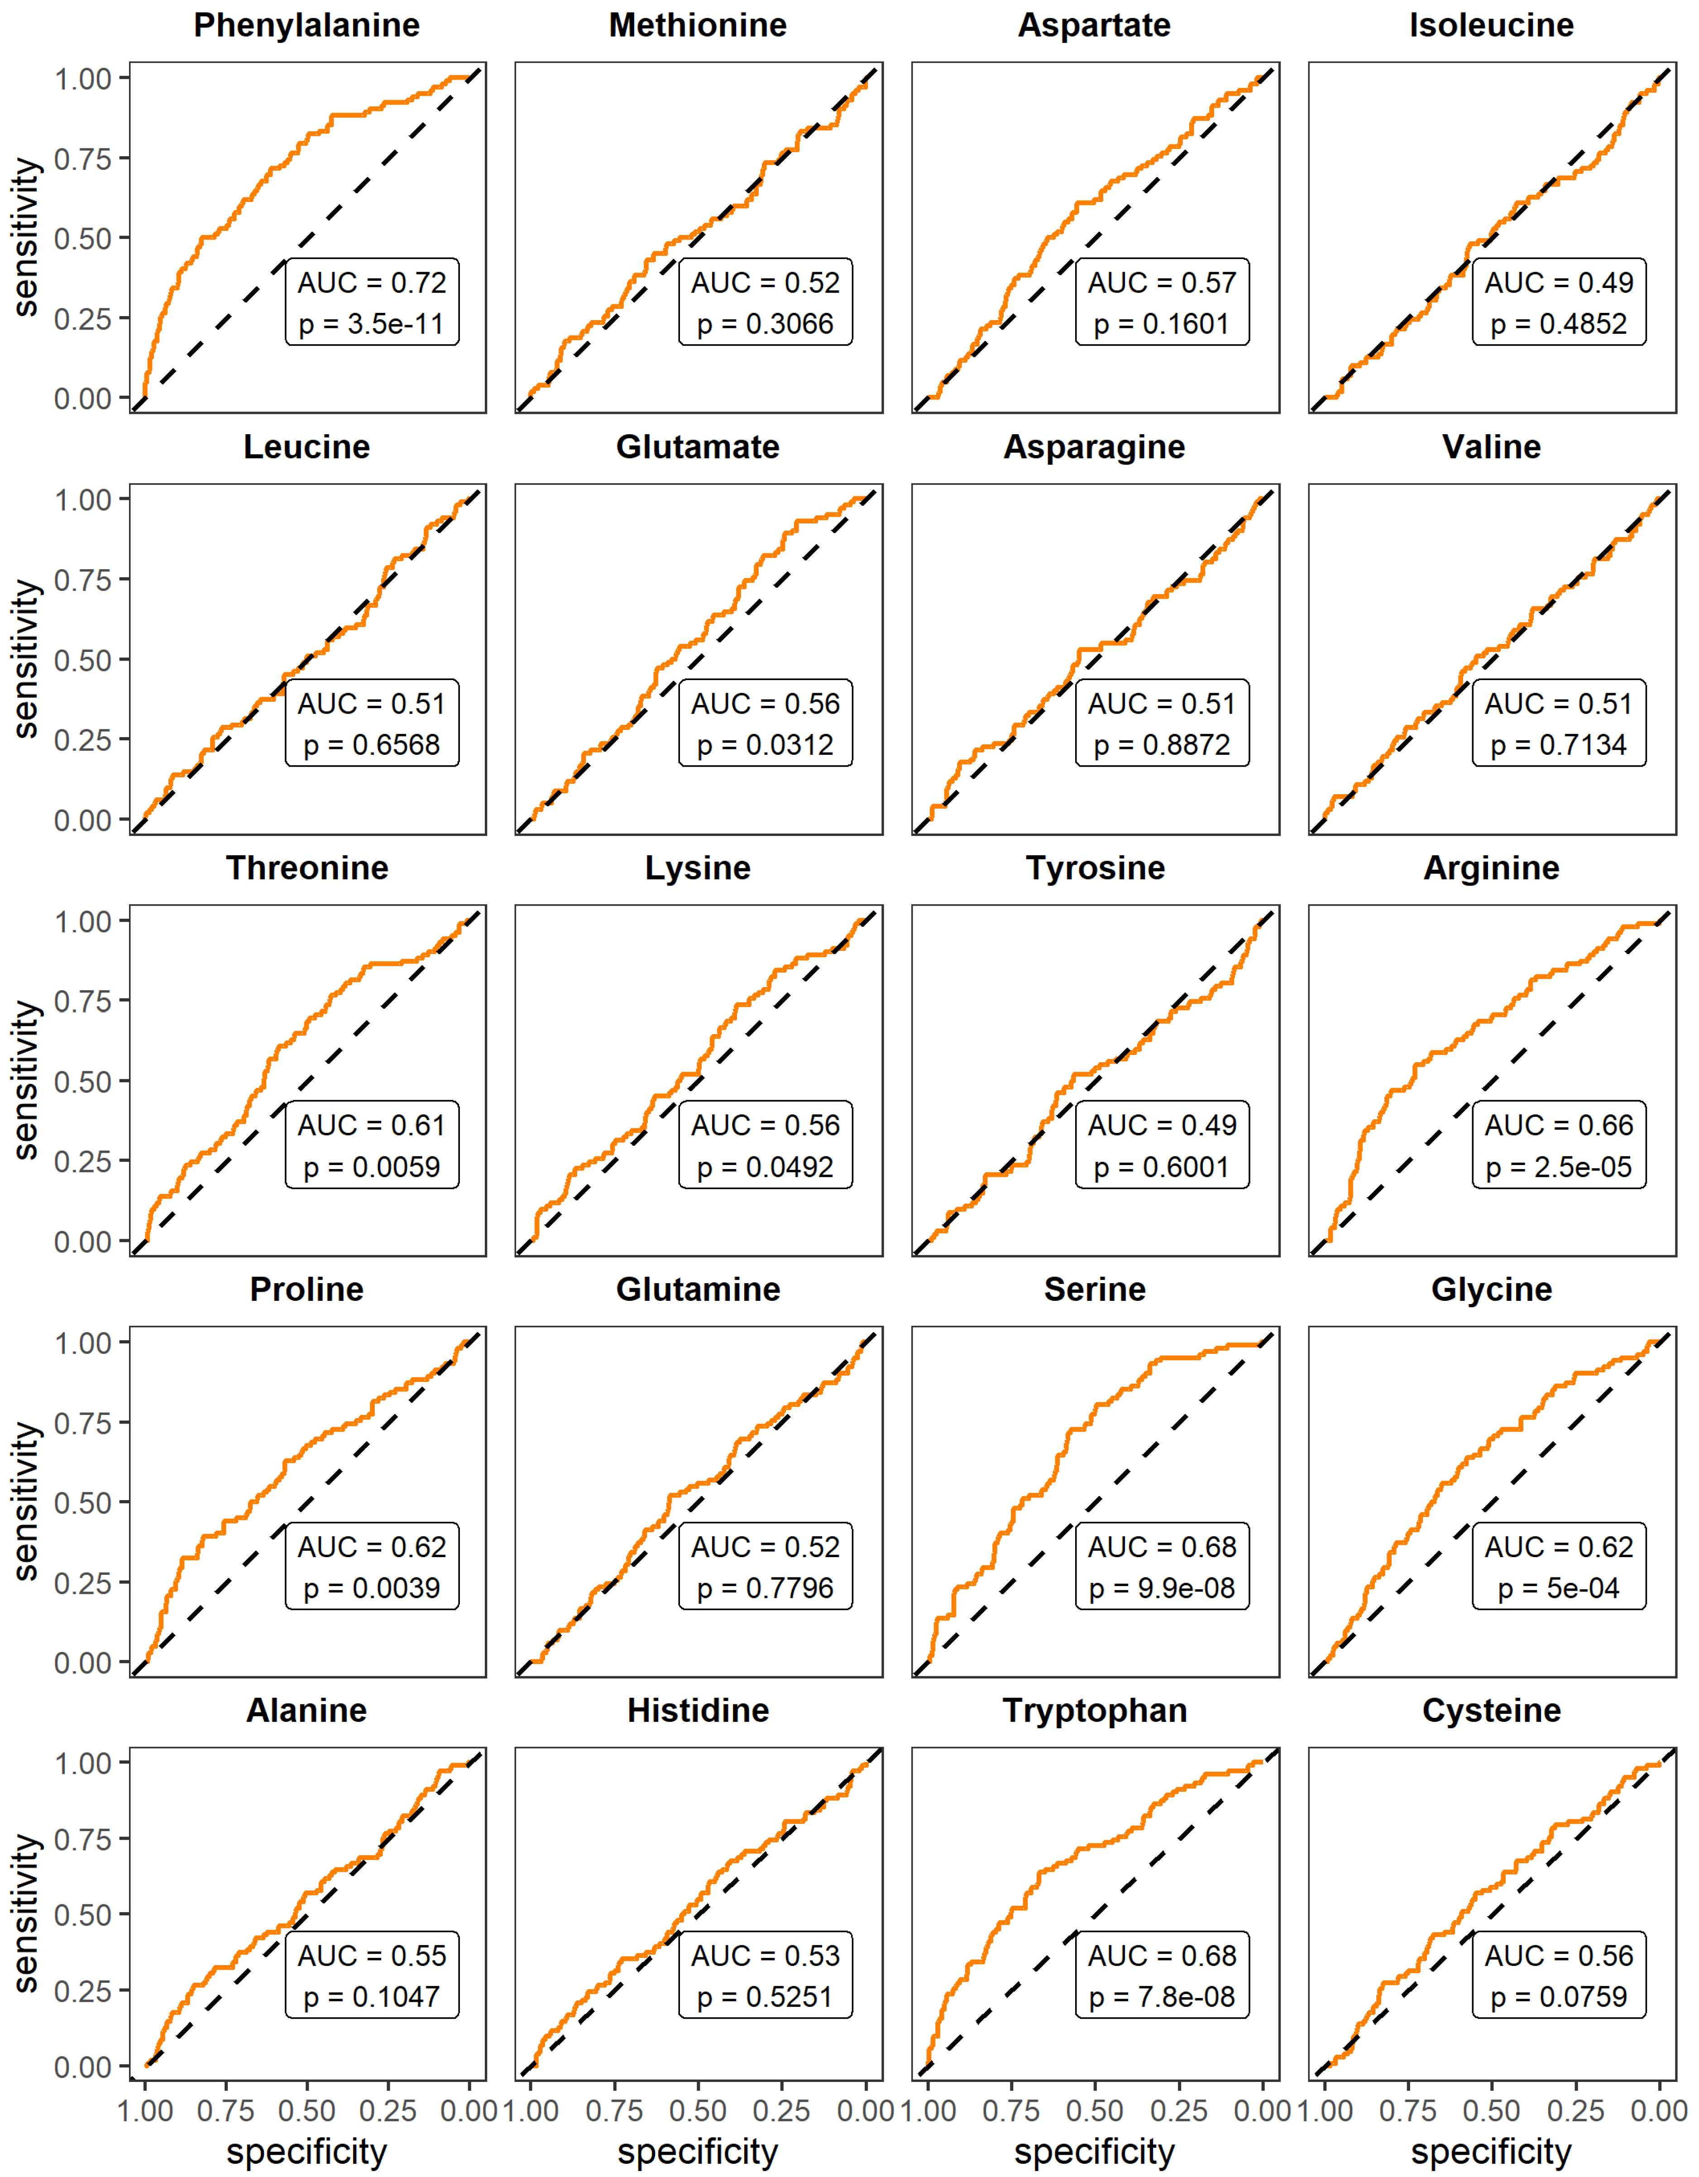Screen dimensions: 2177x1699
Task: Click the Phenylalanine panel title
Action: point(307,25)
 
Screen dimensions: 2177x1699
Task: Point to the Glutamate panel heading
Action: point(698,446)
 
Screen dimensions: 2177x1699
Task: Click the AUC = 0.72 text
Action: point(372,283)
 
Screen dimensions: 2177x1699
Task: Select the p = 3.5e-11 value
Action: point(372,324)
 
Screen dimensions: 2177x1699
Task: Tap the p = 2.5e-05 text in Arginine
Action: point(1559,1167)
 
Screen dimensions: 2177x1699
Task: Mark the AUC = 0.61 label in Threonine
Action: point(372,1125)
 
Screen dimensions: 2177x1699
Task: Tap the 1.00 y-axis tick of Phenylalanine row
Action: point(83,79)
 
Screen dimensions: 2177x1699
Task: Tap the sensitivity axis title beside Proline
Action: point(27,1502)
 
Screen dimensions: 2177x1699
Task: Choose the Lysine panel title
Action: point(698,868)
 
